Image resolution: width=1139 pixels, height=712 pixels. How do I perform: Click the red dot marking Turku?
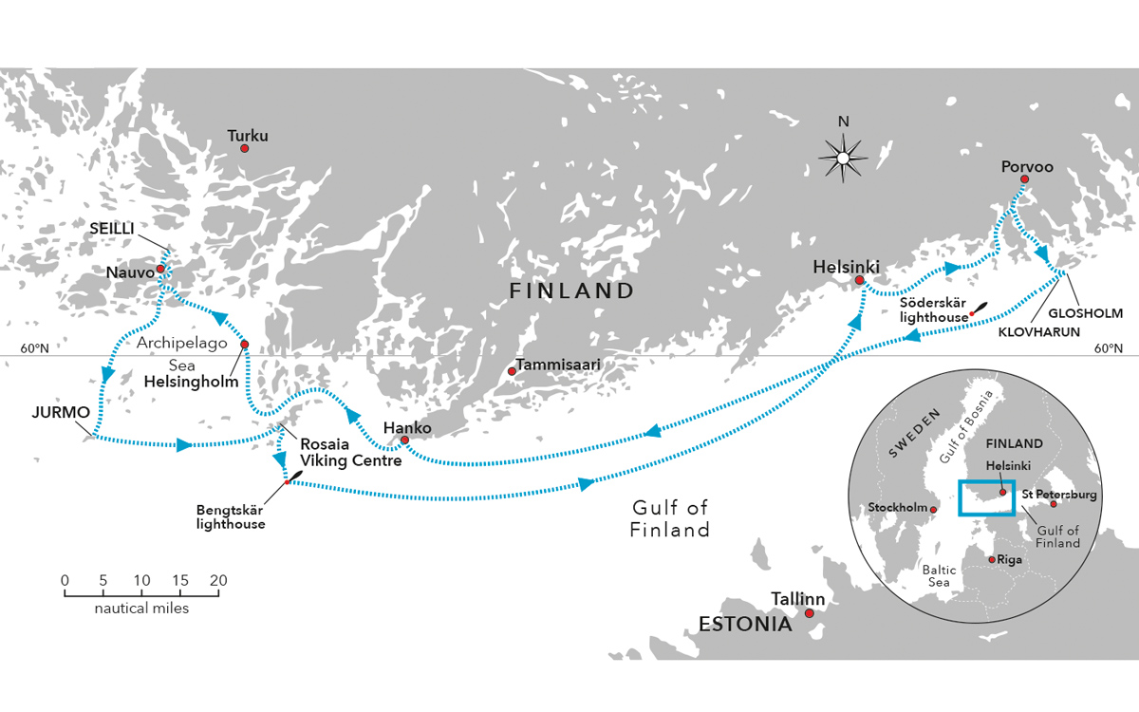[x=244, y=148]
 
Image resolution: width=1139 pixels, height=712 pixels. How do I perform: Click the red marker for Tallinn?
[x=810, y=613]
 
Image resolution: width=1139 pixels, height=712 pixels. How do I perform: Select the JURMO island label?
[x=60, y=414]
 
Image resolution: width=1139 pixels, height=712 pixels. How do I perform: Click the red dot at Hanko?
[x=405, y=440]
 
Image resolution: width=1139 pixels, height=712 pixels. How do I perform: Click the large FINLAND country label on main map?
[x=571, y=290]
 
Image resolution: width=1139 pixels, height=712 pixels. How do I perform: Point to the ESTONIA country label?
[x=745, y=625]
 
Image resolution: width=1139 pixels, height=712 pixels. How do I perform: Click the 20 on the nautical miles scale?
[x=218, y=579]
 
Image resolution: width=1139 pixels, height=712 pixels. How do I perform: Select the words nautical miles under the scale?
[x=141, y=608]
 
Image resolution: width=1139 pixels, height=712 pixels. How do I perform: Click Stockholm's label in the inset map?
[x=897, y=508]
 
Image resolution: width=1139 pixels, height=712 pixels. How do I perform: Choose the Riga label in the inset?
[x=1009, y=560]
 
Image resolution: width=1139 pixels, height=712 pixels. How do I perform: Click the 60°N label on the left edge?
[x=34, y=348]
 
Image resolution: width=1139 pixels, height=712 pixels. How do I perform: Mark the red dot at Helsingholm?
[x=245, y=345]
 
